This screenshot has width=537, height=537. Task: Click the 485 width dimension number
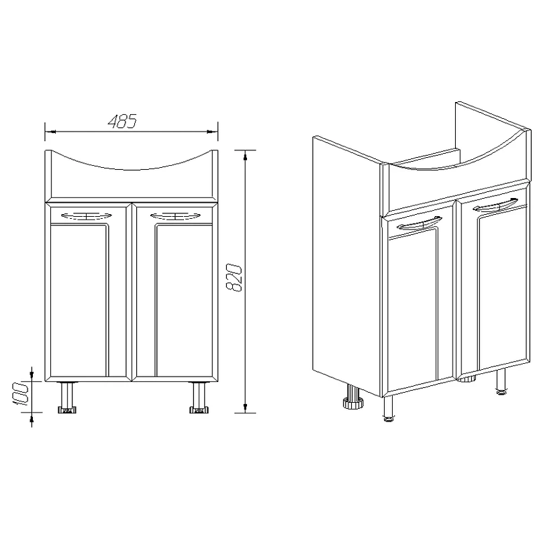(122, 121)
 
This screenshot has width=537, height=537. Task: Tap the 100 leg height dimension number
(21, 394)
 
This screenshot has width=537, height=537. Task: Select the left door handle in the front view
(87, 215)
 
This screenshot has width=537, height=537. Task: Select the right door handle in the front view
(175, 215)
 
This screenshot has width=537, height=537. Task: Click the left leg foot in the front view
(67, 409)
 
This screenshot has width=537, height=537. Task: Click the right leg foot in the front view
(199, 409)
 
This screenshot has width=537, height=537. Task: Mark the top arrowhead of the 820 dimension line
(245, 156)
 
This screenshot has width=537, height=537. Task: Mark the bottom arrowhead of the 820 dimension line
(245, 407)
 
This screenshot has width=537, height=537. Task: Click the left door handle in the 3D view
(419, 224)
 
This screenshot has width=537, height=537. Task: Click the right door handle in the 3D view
(495, 205)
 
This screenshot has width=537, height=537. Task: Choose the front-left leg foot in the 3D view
(389, 418)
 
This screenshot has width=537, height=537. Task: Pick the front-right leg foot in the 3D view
(501, 393)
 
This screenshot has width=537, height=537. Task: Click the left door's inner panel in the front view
(79, 299)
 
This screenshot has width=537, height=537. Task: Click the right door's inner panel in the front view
(184, 299)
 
